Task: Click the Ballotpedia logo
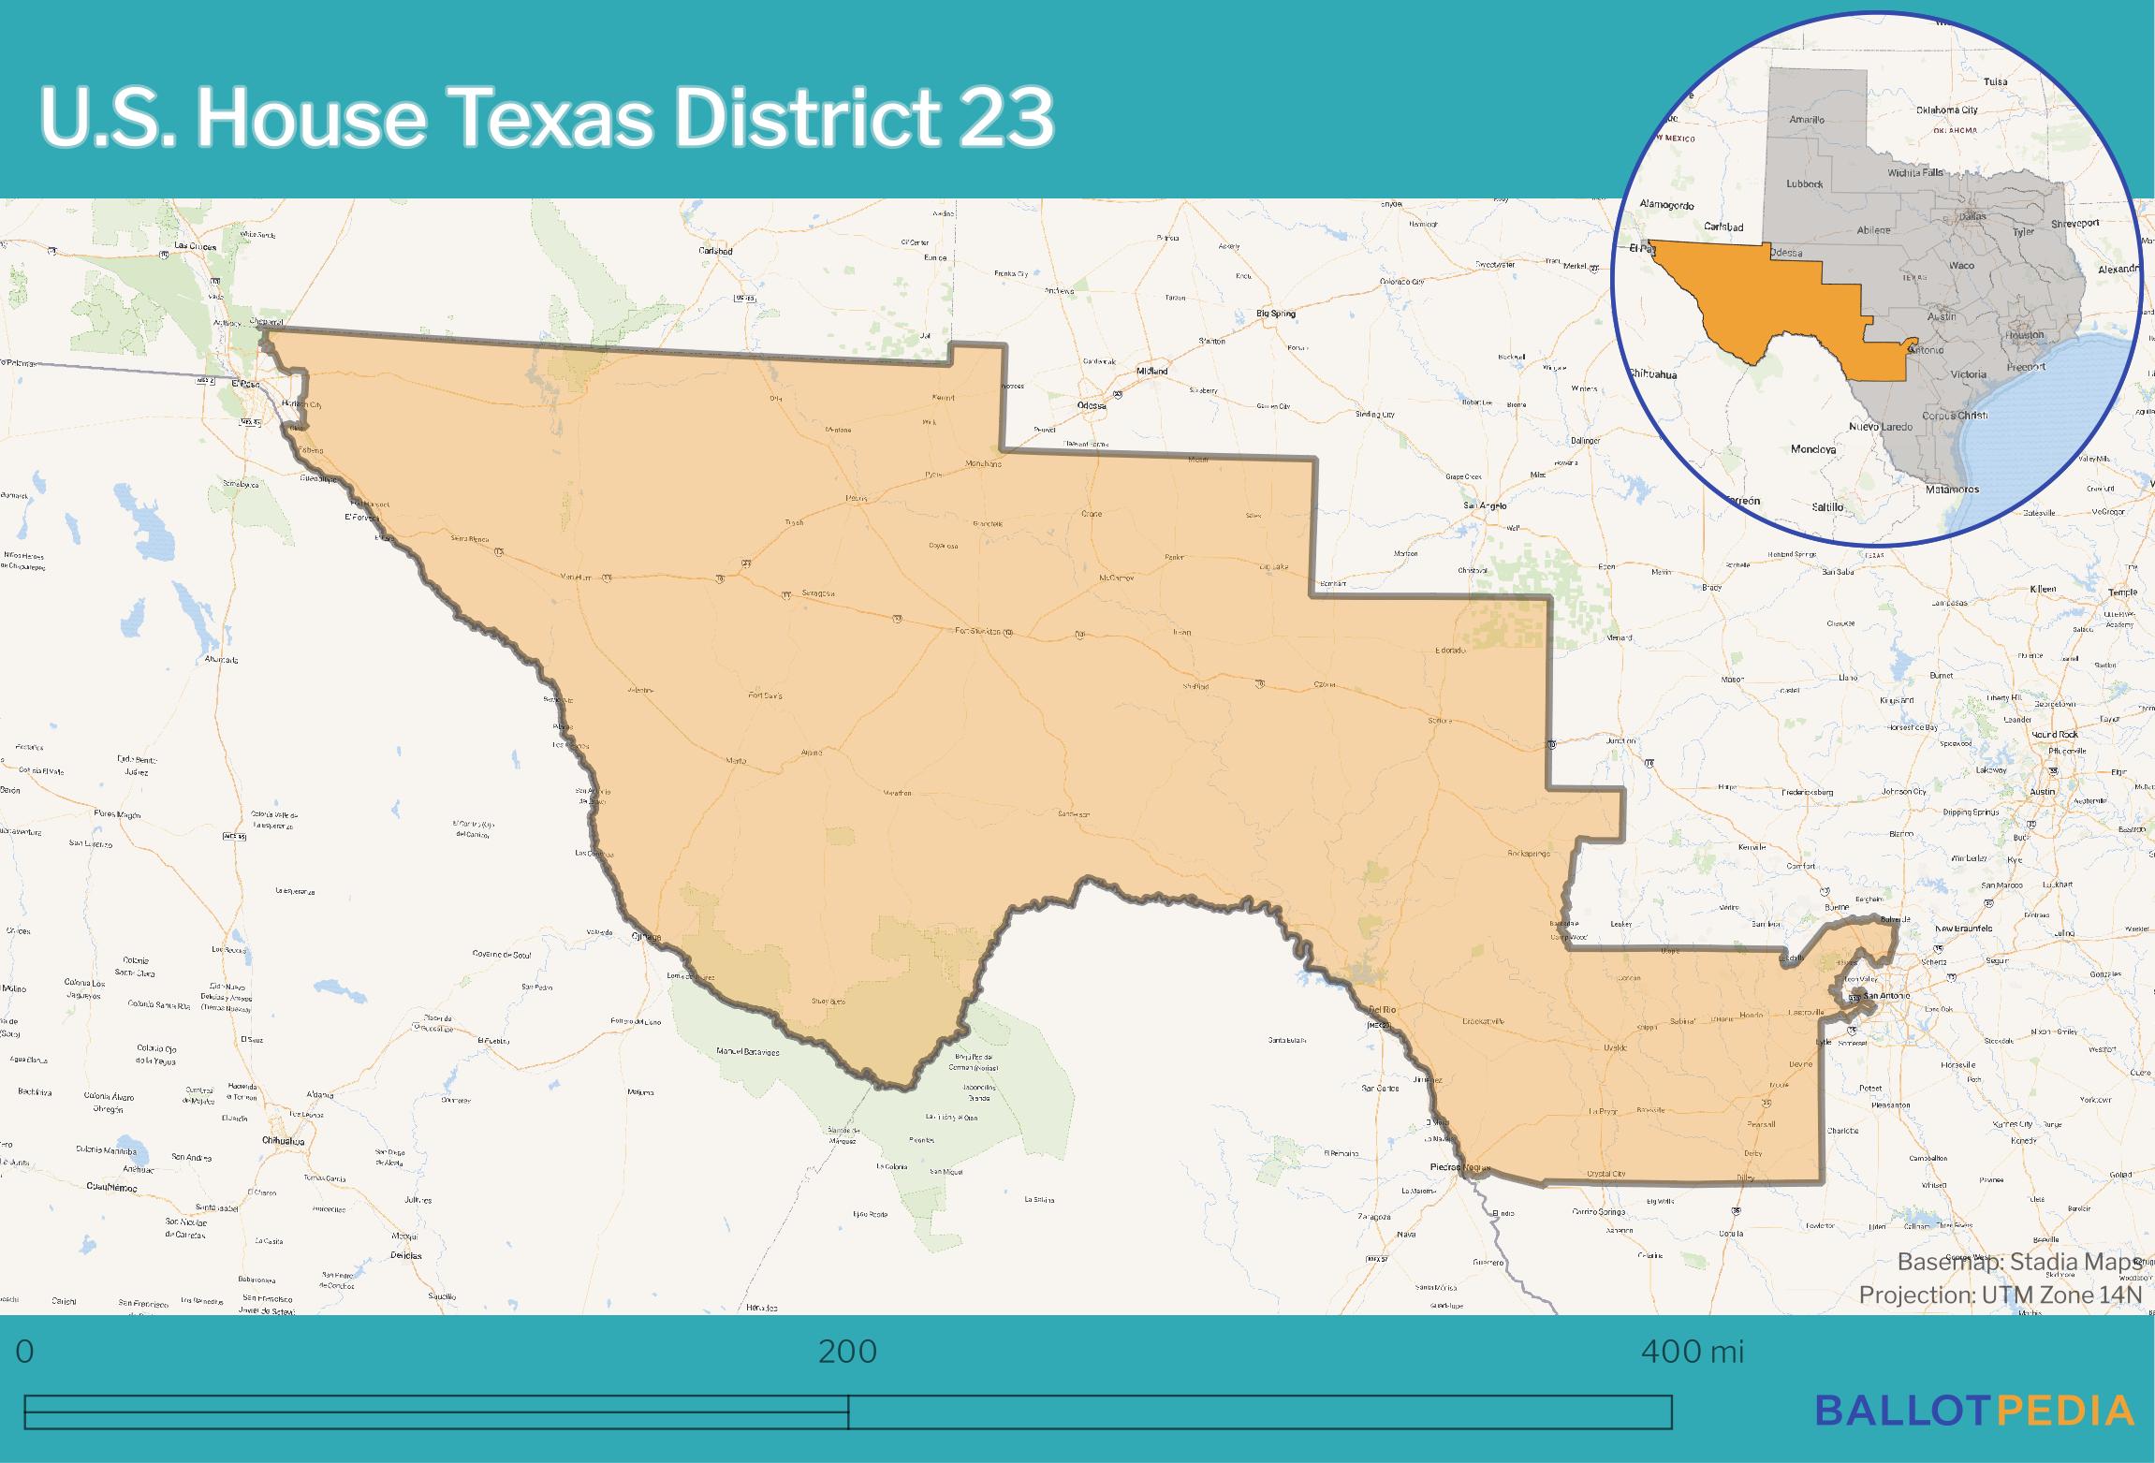1974,1410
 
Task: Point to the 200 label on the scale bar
847,1352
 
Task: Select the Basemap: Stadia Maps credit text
2019,1262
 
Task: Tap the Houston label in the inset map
2025,334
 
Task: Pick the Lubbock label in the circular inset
1804,183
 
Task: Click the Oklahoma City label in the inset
1946,110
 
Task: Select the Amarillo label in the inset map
1807,120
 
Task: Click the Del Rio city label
1382,1011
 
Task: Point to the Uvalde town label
1616,1047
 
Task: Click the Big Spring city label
1276,314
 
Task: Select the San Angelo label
1485,505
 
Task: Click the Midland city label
1151,371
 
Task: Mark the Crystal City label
1606,1174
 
